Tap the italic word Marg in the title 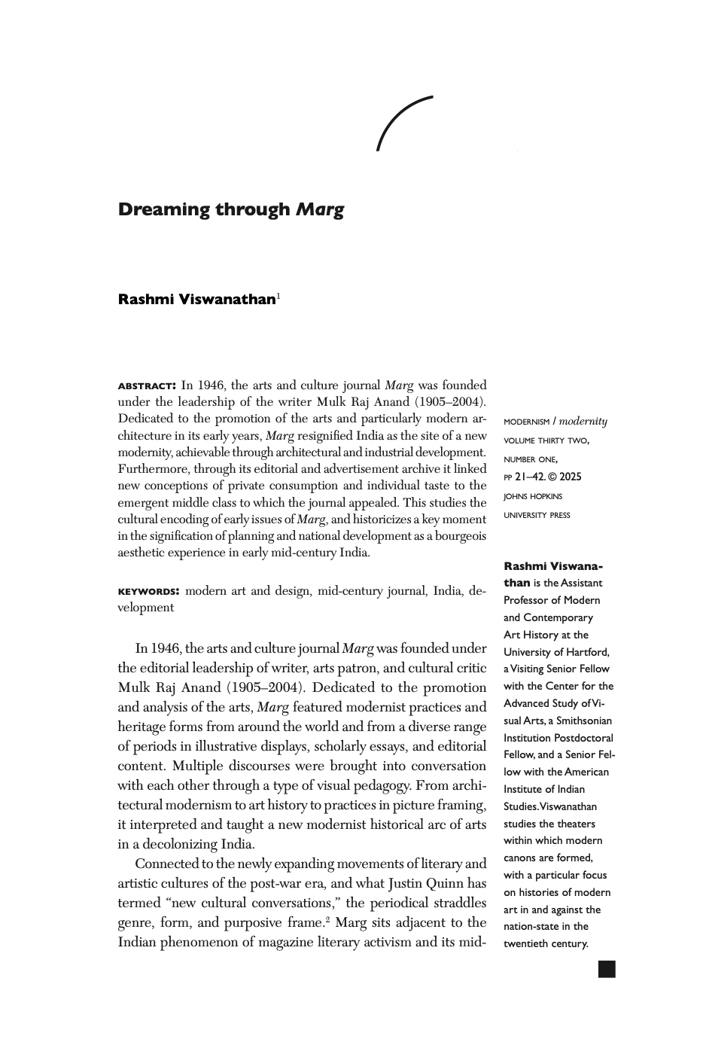(319, 210)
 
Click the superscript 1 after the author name (278, 296)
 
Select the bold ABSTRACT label (147, 385)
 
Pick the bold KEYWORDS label (148, 591)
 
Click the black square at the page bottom (607, 969)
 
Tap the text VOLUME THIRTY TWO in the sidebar (546, 440)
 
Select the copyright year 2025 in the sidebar (570, 477)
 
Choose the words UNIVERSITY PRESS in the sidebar (537, 515)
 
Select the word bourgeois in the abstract (458, 536)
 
